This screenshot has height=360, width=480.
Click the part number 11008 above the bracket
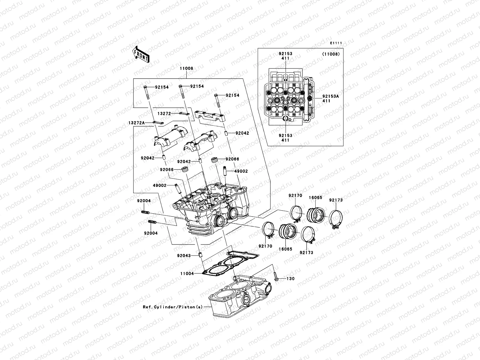pos(186,68)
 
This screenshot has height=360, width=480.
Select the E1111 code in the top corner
pos(336,43)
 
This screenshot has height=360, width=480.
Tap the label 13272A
pos(136,123)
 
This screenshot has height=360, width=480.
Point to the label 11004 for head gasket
pos(187,274)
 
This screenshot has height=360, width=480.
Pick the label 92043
pos(184,256)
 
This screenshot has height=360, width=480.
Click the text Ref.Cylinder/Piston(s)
pos(173,307)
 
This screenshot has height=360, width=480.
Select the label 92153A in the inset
pos(330,97)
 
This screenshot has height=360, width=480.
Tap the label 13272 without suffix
pos(164,114)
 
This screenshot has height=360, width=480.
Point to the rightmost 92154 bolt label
pos(232,95)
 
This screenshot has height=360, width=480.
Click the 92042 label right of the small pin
pos(242,133)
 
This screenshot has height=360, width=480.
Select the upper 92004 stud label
pos(144,201)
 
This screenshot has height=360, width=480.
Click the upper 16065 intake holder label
pos(316,198)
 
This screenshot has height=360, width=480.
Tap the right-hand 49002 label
pos(241,171)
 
